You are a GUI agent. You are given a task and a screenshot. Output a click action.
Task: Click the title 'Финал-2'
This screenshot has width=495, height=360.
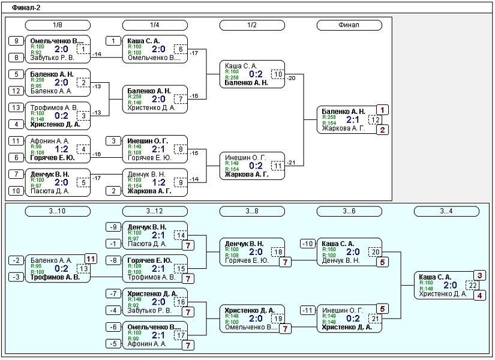coord(26,8)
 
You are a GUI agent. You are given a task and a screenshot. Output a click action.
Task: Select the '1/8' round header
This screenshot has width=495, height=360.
coord(58,25)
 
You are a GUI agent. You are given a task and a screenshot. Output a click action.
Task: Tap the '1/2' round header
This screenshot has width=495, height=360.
coord(252,25)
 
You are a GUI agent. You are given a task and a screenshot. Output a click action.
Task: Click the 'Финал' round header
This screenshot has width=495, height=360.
coord(349,25)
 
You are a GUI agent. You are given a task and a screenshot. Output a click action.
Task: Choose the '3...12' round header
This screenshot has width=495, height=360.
coord(155,211)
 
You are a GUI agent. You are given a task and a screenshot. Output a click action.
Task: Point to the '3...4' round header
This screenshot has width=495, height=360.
coord(446,211)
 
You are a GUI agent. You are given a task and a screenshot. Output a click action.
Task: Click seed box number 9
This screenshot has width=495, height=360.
coord(16,41)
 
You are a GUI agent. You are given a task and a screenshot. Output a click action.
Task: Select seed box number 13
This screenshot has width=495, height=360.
coord(16,107)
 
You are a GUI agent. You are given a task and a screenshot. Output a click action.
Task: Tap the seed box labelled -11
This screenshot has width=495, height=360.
coord(308,310)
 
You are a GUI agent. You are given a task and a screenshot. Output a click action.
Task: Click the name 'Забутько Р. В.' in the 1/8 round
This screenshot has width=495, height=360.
coord(52,58)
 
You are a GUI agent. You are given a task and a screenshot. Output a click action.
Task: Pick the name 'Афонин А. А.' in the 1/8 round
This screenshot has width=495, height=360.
coord(50,141)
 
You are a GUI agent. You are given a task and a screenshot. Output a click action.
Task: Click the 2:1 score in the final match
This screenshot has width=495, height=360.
coord(352,119)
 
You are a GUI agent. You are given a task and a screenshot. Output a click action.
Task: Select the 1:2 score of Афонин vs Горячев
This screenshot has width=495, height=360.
coord(61,149)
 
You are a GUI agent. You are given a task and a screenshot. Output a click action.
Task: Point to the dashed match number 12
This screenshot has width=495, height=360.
coord(375,119)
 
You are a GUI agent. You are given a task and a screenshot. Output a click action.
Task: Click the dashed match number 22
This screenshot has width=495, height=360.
coord(472,286)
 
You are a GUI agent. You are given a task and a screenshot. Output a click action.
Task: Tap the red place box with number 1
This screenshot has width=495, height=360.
coord(382,110)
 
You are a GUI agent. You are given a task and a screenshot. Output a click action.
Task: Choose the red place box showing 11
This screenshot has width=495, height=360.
coord(91,259)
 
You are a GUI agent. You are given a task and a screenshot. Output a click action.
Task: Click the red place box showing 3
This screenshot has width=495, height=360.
coord(479,275)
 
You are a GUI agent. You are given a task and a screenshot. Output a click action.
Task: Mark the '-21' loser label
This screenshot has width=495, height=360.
coord(291,163)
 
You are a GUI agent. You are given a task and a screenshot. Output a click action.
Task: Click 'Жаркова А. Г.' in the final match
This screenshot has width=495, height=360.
coord(343,128)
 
